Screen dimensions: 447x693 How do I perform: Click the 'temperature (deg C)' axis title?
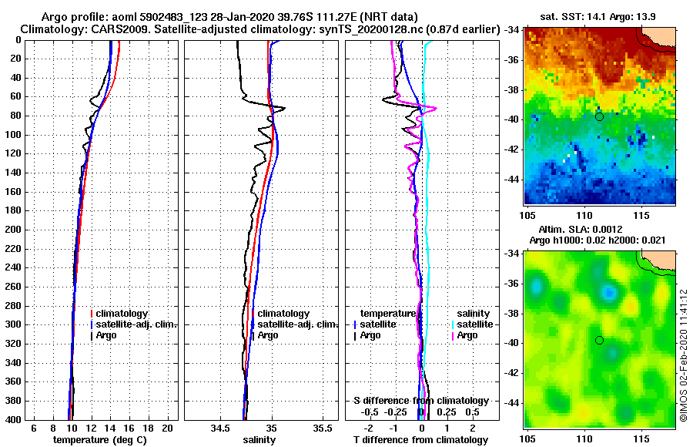pyautogui.click(x=99, y=440)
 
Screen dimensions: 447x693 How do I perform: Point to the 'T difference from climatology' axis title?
pyautogui.click(x=420, y=440)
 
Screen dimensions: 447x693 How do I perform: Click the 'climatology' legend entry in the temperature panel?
pyautogui.click(x=120, y=314)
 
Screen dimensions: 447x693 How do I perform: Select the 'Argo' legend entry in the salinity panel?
pyautogui.click(x=268, y=335)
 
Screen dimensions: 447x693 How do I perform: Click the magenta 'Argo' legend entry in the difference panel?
pyautogui.click(x=467, y=335)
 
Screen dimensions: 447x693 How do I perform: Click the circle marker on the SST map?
pyautogui.click(x=599, y=116)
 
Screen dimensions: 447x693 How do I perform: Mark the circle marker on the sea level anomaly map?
pyautogui.click(x=599, y=340)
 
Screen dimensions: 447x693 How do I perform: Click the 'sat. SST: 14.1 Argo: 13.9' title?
pyautogui.click(x=599, y=15)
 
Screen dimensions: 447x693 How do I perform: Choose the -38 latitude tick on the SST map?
pyautogui.click(x=512, y=89)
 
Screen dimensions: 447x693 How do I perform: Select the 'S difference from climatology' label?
pyautogui.click(x=420, y=401)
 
